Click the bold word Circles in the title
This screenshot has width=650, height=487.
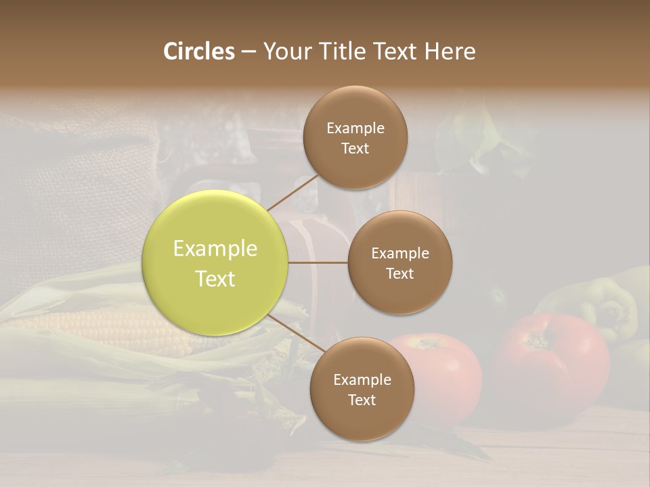(199, 51)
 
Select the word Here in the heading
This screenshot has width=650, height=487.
(450, 51)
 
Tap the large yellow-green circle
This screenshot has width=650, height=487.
(215, 263)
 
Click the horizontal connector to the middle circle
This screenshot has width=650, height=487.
(318, 262)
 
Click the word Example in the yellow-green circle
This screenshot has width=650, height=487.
(215, 249)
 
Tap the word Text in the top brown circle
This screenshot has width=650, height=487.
(355, 149)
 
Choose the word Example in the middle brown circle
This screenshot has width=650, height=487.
(400, 254)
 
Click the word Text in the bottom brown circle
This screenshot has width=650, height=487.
(362, 400)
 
